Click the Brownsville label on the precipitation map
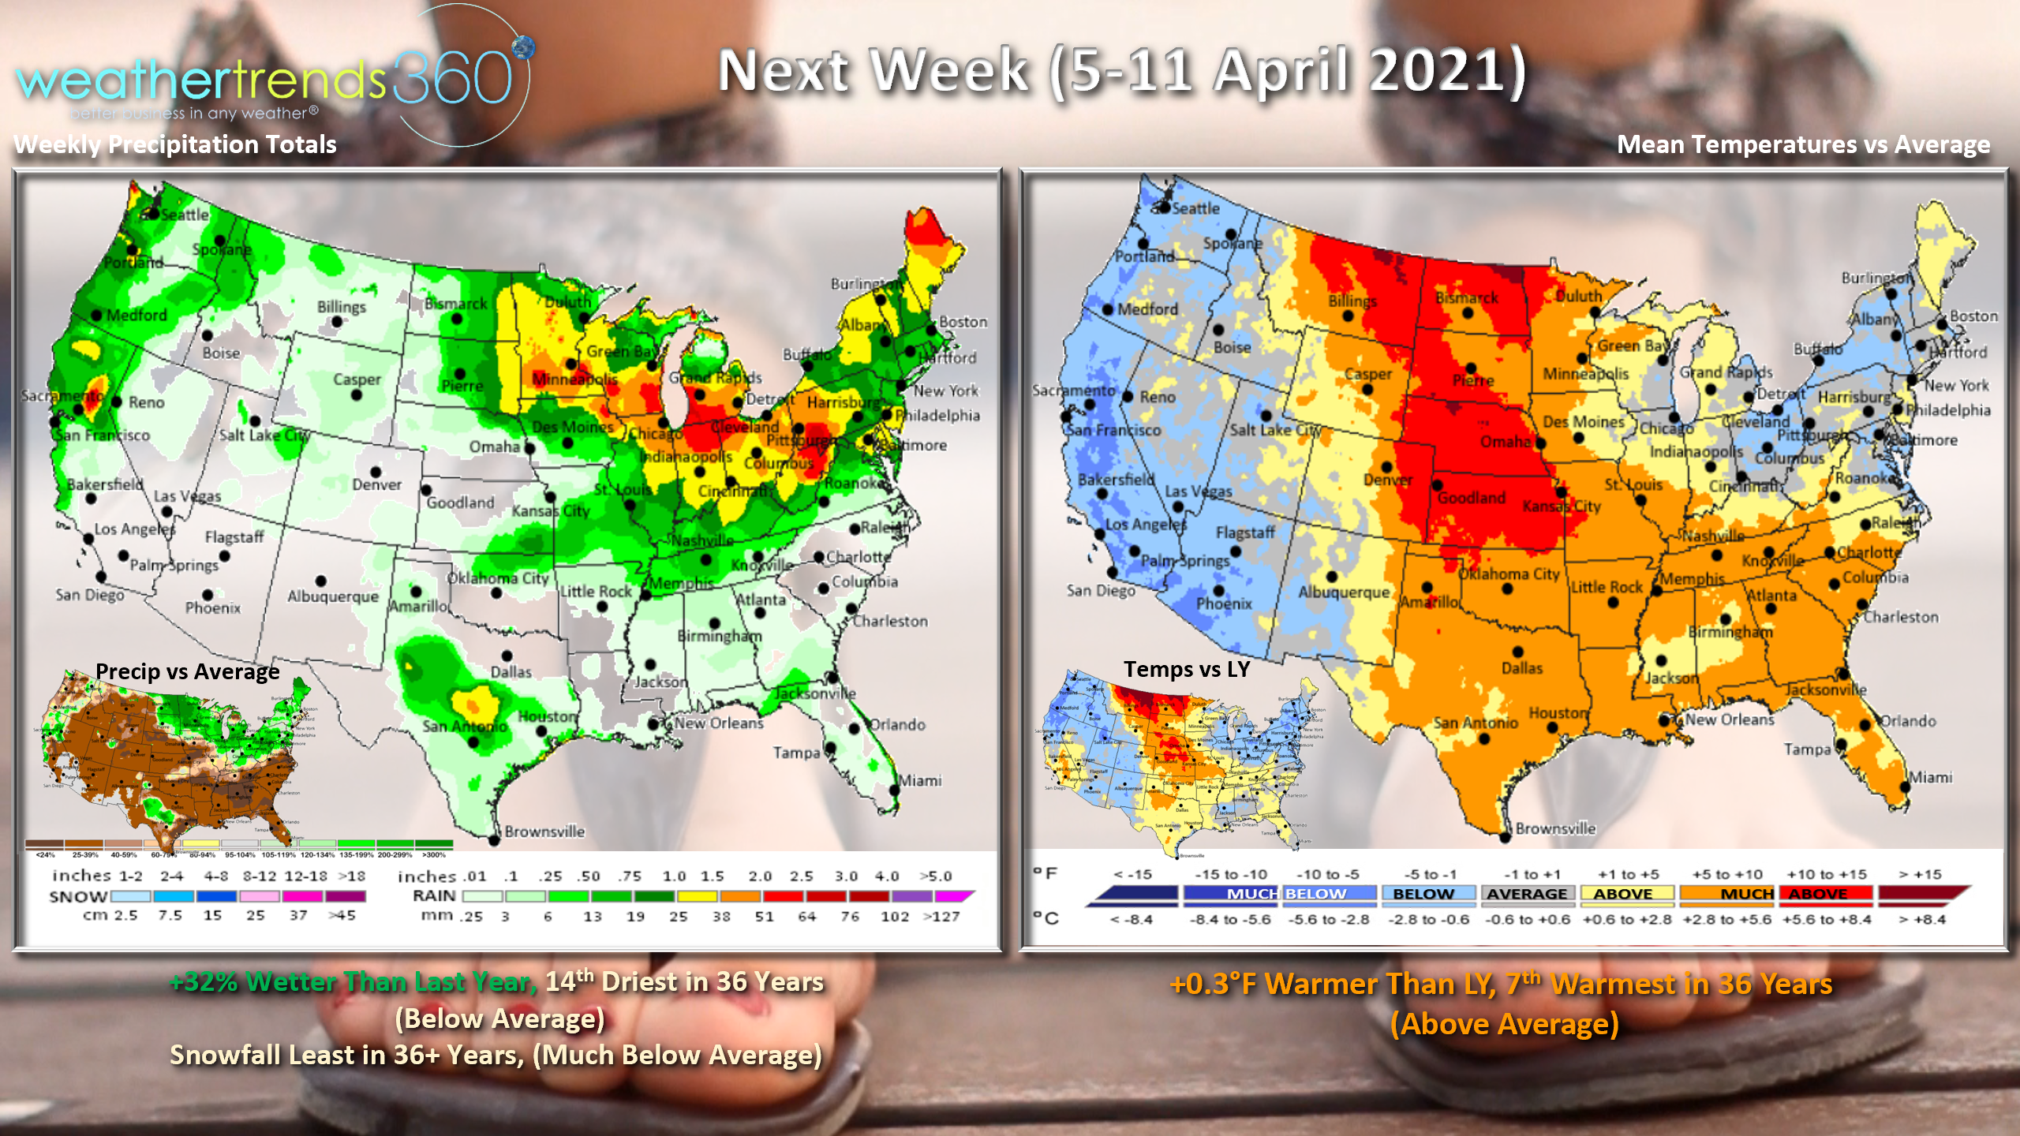click(x=544, y=831)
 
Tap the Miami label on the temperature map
click(x=1930, y=777)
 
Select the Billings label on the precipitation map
click(x=341, y=307)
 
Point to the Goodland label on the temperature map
click(x=1471, y=498)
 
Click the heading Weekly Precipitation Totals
click(x=175, y=144)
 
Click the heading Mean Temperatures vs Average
click(x=1803, y=144)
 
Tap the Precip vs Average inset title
click(x=187, y=671)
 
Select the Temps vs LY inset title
click(x=1186, y=669)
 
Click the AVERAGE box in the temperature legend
click(x=1527, y=894)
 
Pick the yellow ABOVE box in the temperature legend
click(x=1623, y=894)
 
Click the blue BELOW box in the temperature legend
click(x=1423, y=894)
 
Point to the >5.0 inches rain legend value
click(x=936, y=876)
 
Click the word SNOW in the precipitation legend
click(x=78, y=897)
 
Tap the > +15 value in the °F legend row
click(x=1920, y=874)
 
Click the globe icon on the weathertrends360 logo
click(x=523, y=47)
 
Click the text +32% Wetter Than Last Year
click(x=353, y=982)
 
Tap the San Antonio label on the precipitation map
click(x=464, y=727)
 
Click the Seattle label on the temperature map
click(x=1195, y=208)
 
